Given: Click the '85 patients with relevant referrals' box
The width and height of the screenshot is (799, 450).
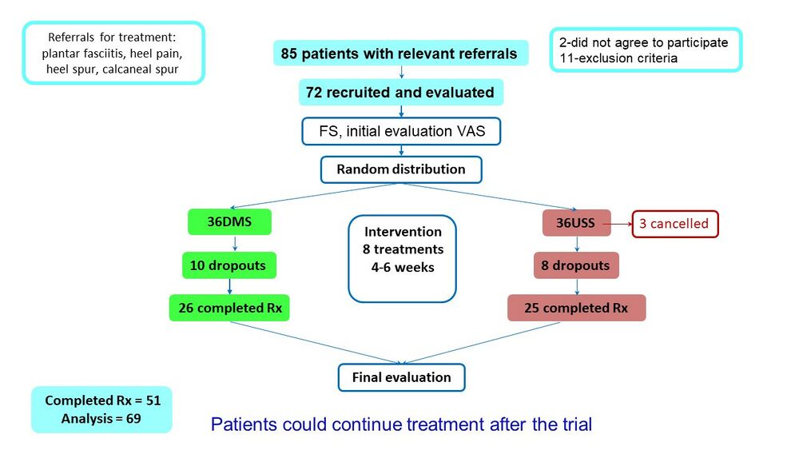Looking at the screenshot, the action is [400, 53].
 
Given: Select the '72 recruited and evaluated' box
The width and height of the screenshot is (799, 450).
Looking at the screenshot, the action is [400, 92].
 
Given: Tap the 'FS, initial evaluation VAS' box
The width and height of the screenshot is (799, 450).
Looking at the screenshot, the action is [401, 132].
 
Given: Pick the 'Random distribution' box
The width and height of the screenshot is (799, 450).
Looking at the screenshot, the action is [401, 169].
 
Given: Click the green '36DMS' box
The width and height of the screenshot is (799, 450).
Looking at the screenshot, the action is [229, 221].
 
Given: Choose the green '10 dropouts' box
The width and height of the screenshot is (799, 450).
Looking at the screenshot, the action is [229, 265].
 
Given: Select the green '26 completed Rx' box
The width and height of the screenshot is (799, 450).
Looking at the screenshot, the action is [229, 308].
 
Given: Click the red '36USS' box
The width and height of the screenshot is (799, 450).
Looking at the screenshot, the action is [576, 223].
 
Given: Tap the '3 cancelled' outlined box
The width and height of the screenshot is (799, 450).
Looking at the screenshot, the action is [674, 224].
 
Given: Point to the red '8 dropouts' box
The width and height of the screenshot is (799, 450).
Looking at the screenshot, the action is [576, 265].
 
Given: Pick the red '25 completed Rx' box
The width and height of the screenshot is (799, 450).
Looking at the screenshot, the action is [576, 308].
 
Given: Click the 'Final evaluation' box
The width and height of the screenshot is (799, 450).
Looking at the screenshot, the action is [402, 377].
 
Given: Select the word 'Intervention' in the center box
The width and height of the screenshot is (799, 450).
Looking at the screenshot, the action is [403, 232].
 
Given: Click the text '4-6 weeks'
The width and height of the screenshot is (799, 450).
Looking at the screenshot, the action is [403, 268].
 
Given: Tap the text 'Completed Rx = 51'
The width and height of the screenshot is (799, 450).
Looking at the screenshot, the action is [102, 400].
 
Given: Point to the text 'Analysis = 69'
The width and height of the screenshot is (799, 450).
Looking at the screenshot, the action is [101, 419].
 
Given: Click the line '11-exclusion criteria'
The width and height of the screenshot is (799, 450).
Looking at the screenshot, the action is [618, 58].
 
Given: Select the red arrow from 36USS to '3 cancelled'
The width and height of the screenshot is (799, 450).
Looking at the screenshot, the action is [618, 224].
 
